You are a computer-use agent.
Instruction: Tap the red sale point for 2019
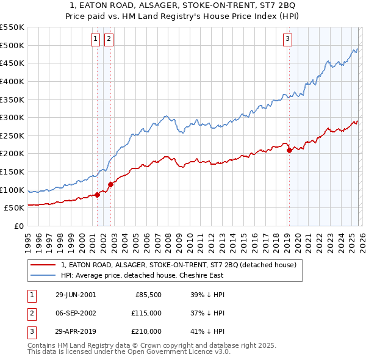click(289, 150)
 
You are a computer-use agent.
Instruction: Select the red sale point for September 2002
click(110, 184)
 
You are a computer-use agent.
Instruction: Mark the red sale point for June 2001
click(98, 195)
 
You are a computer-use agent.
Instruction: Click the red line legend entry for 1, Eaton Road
click(179, 265)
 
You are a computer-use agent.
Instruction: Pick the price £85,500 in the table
click(148, 295)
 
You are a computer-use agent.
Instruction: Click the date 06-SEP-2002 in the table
click(76, 313)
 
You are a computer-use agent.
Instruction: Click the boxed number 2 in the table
click(30, 313)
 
